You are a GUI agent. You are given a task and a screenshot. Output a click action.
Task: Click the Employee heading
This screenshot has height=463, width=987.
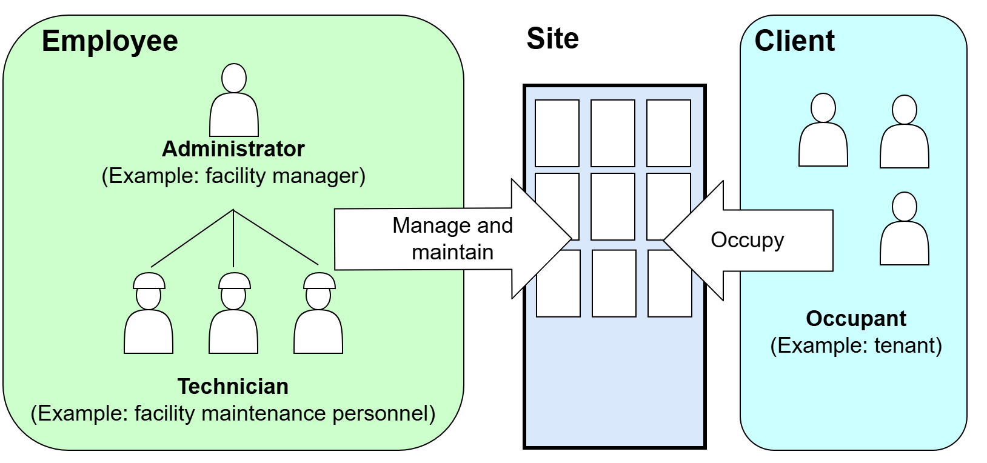(110, 41)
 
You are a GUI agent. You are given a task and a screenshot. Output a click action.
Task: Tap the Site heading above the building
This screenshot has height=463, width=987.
(552, 39)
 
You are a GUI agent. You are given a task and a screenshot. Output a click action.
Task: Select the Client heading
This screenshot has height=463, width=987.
(794, 41)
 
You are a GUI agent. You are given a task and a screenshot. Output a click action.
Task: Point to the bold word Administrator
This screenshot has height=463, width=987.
(233, 148)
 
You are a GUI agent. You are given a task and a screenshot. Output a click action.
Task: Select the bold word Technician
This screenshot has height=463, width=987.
(233, 386)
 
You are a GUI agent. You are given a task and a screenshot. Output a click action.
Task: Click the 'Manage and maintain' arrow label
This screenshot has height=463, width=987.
(452, 238)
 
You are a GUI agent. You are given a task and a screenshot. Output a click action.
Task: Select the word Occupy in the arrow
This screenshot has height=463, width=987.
(747, 240)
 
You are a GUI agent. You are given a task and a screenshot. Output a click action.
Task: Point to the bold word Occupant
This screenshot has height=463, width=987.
(856, 318)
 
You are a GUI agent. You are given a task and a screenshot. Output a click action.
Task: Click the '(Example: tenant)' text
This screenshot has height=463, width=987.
(856, 345)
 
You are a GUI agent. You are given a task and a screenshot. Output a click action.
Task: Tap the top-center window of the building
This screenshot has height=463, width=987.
(613, 133)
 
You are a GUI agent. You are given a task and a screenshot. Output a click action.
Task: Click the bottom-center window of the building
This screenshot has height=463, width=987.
(614, 283)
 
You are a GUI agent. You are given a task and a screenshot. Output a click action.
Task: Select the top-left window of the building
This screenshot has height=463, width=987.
(557, 133)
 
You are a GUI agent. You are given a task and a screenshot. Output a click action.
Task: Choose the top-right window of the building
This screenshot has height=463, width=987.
(669, 133)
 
